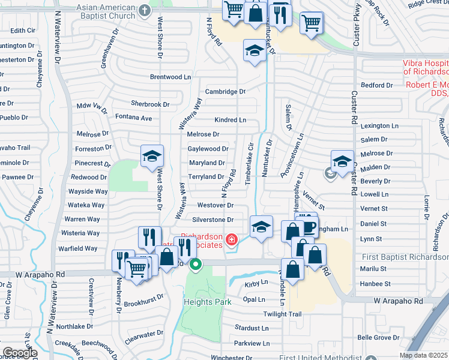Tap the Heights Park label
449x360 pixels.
pos(208,302)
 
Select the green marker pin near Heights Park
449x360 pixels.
pos(195,264)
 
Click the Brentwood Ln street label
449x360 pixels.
pos(170,77)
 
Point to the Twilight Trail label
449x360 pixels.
pos(282,314)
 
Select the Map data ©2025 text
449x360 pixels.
pos(423,355)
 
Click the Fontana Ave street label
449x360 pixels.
pos(133,118)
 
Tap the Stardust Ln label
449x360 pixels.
pos(252,328)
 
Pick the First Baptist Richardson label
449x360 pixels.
pos(405,257)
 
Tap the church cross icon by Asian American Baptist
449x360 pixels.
pos(145,10)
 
